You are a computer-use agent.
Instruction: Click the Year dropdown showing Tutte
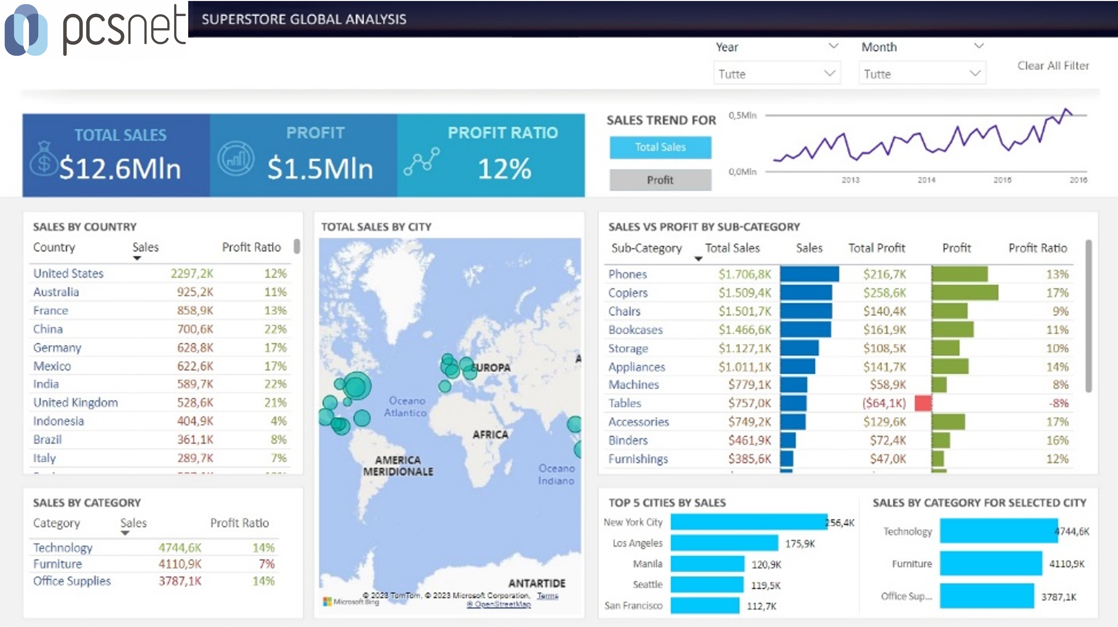coord(777,74)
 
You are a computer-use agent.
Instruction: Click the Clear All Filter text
coord(1053,66)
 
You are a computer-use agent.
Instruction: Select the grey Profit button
coord(660,180)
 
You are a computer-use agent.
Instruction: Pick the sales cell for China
coord(195,329)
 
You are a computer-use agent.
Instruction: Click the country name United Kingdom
coord(75,402)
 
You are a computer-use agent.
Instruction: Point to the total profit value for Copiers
coord(884,293)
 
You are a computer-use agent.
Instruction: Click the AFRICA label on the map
coord(490,434)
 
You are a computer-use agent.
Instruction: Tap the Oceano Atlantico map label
coord(406,407)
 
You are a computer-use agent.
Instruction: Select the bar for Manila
coord(707,564)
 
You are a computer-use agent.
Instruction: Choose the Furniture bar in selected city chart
coord(990,564)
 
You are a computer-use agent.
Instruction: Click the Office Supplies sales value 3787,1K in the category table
coord(180,581)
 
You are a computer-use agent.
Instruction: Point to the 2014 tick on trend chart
coord(926,180)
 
